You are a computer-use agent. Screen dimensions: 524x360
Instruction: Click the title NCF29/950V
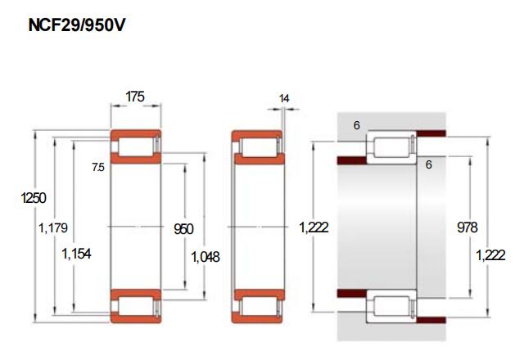tap(77, 25)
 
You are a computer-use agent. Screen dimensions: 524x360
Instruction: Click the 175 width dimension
tap(135, 97)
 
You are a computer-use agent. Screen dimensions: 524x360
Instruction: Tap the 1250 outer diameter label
tap(34, 198)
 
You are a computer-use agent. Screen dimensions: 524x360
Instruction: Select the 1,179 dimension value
tap(53, 228)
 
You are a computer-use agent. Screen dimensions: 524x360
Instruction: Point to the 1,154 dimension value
tap(76, 254)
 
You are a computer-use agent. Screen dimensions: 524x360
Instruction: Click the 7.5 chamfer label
tap(98, 167)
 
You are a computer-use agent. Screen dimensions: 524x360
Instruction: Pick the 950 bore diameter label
tap(183, 229)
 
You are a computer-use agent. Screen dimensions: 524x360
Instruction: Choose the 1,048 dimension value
tap(206, 257)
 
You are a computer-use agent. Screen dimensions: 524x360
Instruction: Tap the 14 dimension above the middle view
tap(284, 98)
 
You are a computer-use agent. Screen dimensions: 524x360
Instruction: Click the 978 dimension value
tap(468, 227)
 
